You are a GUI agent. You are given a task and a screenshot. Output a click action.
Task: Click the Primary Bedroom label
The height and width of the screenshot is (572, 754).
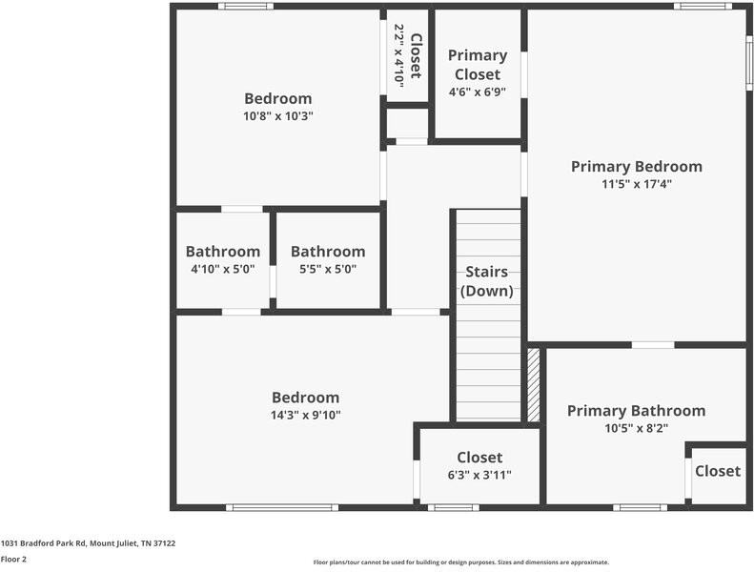tap(636, 167)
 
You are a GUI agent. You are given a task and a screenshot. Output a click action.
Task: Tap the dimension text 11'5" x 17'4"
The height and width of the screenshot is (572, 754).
tap(636, 184)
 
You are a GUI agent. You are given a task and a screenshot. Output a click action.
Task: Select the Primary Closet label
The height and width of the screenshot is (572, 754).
tap(477, 65)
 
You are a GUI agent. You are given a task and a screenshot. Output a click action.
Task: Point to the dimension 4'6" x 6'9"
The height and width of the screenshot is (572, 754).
tap(477, 92)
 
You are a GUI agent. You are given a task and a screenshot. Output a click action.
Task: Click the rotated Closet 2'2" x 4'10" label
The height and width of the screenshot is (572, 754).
tap(408, 56)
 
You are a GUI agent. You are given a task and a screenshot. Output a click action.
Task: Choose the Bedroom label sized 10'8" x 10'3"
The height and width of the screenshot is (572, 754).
tap(277, 98)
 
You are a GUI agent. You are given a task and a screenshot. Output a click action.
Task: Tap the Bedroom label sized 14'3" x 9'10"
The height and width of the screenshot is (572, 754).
tap(305, 398)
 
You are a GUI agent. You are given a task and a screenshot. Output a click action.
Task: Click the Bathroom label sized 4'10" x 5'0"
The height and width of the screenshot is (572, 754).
tap(222, 252)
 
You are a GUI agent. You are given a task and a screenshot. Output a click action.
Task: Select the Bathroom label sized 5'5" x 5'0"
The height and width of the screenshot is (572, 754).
tap(327, 252)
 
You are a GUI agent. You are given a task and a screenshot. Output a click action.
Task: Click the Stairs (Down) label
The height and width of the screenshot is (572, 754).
tap(487, 282)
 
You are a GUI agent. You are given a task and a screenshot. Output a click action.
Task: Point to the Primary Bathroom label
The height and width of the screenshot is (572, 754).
tap(636, 411)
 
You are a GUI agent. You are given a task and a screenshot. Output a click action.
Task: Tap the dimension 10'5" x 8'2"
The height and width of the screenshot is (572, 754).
tap(636, 428)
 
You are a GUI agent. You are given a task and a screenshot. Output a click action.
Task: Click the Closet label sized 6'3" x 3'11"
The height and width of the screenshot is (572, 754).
tap(479, 458)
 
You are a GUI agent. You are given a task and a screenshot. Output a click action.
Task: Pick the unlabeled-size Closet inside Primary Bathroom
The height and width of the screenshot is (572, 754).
tap(717, 471)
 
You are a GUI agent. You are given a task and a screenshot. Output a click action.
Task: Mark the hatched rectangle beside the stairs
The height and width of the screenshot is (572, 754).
tap(534, 385)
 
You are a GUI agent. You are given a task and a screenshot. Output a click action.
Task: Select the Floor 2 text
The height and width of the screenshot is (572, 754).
tap(13, 560)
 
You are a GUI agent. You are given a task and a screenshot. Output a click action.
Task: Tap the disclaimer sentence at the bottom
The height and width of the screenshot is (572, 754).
tap(460, 562)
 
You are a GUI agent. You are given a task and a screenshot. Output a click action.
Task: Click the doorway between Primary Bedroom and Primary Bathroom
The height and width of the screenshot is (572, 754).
tap(653, 344)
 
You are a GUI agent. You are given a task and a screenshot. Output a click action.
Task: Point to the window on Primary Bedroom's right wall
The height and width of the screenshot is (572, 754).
tap(749, 63)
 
